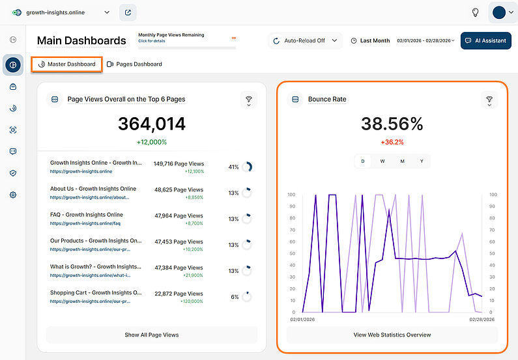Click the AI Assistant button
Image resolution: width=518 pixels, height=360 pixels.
(485, 40)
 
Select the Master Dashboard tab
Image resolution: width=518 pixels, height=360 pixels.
(66, 64)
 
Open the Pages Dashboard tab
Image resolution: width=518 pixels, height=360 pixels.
(134, 64)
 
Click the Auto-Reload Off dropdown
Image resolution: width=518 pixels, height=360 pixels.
(305, 40)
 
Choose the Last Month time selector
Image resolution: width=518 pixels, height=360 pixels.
(370, 40)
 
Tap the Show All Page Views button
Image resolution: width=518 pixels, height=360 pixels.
(151, 335)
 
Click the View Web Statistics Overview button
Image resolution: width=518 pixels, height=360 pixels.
(392, 335)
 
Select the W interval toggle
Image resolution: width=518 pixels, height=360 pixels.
(382, 161)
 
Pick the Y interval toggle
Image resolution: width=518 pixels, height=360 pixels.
(422, 161)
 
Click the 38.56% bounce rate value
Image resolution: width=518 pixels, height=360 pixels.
(392, 124)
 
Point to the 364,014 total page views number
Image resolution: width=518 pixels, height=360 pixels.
(151, 124)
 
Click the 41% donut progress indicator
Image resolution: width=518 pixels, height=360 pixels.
(247, 167)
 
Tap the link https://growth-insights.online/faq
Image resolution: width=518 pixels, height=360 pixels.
(85, 223)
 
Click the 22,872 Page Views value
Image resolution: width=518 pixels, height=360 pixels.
(179, 294)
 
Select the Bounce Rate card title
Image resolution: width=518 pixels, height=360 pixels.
(327, 100)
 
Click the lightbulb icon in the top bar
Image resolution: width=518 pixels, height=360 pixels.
(476, 12)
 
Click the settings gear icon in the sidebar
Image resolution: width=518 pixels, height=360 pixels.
(13, 195)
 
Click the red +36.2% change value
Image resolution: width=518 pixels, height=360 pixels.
(392, 142)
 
